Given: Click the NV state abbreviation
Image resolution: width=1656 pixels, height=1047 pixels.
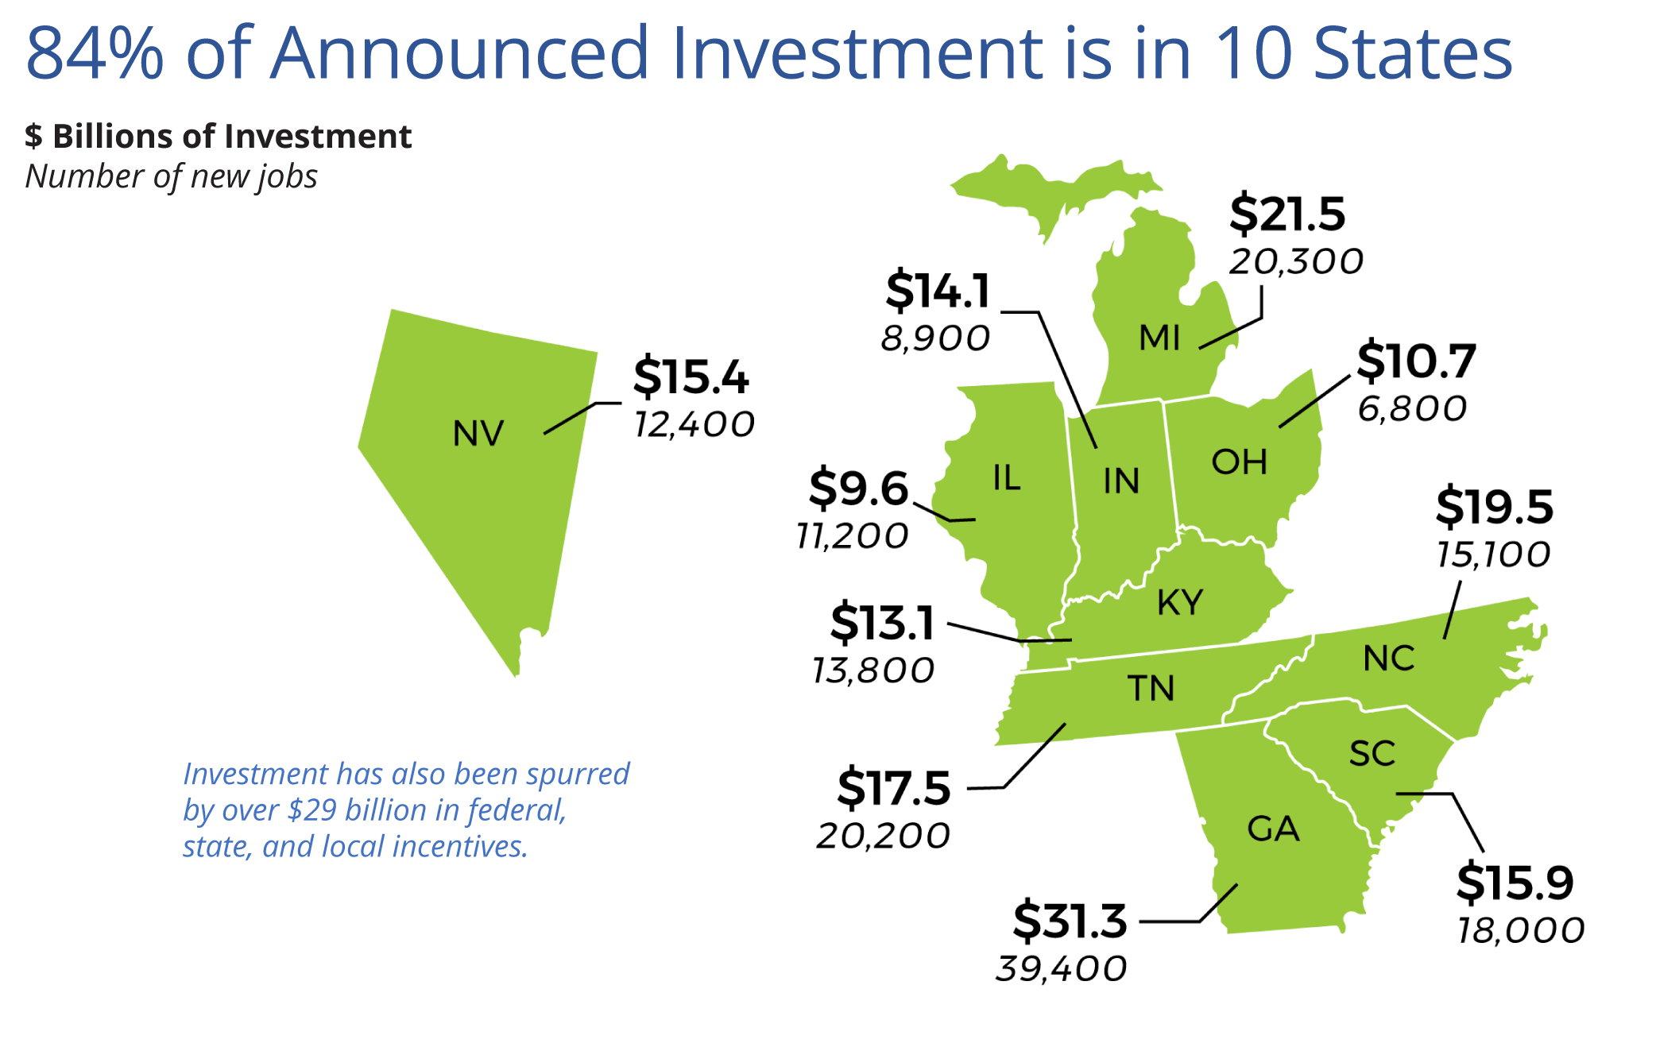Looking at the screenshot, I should coord(478,434).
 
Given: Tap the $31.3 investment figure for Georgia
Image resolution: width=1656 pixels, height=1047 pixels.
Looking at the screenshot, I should coord(1070,921).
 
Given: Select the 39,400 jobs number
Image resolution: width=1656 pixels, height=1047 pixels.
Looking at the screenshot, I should coord(1062,969).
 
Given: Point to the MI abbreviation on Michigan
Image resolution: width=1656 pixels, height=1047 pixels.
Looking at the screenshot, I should coord(1159,338).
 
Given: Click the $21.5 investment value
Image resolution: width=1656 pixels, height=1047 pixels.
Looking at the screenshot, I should coord(1287,214).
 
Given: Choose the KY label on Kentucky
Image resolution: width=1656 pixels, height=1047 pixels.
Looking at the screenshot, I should coord(1180,603).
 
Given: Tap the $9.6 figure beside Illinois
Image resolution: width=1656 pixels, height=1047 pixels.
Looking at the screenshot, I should coord(858,488).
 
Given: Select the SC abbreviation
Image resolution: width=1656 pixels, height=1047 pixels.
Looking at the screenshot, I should coord(1372,754).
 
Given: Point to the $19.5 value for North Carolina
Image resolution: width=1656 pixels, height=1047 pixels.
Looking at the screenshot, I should coord(1494,507).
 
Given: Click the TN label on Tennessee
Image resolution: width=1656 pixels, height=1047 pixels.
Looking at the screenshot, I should coord(1151,689).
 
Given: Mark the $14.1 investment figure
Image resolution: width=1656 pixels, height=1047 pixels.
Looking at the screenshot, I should coord(938,291).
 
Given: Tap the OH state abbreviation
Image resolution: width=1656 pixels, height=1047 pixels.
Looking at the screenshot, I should coord(1239,462).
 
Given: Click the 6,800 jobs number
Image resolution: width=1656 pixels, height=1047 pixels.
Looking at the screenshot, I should coord(1412,409).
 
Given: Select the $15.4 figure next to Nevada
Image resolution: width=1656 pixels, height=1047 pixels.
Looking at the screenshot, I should coord(691,377).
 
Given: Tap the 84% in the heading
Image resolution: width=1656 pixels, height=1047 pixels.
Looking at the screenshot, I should coord(95,53).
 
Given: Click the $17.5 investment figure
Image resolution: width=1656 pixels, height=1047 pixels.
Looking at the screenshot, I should coord(893,788).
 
